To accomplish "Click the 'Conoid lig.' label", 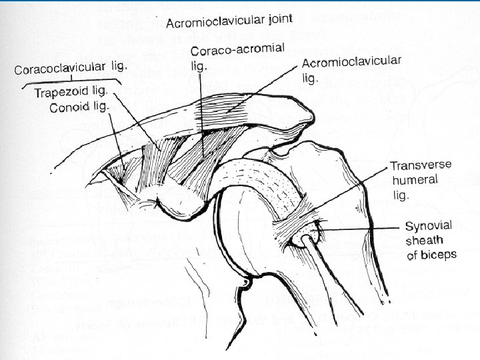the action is pyautogui.click(x=80, y=106).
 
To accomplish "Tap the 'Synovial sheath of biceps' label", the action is pyautogui.click(x=431, y=239).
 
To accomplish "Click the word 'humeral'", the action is pyautogui.click(x=415, y=180).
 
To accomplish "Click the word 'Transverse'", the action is pyautogui.click(x=420, y=166).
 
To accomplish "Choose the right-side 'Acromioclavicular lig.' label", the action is pyautogui.click(x=351, y=69).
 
